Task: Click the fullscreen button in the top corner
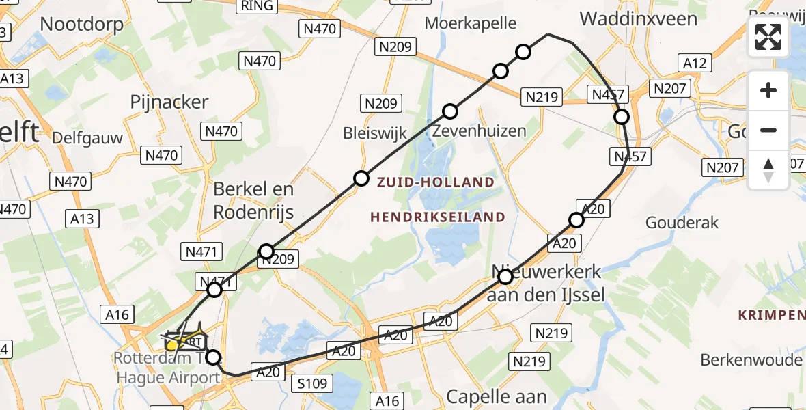tap(768, 37)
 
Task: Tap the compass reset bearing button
tap(768, 170)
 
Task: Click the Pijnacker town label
tap(169, 102)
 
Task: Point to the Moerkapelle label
tap(471, 23)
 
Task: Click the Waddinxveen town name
tap(639, 18)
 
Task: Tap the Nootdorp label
tap(82, 25)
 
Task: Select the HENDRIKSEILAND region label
tap(438, 217)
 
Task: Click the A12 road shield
tap(695, 63)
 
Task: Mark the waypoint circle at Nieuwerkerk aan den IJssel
tap(505, 277)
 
